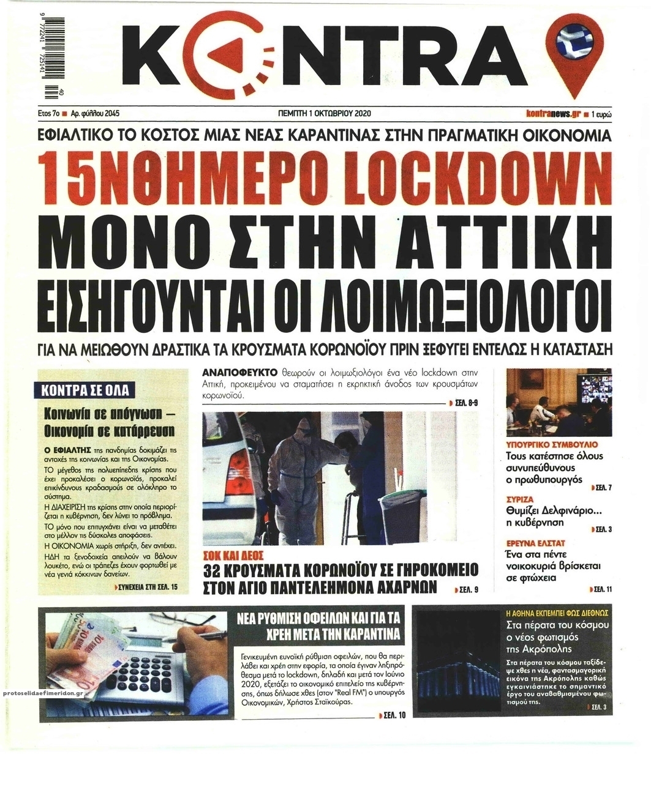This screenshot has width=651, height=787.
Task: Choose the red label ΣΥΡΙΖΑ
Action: [x=521, y=499]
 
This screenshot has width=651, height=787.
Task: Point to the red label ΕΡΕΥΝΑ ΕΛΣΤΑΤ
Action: [x=535, y=543]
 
